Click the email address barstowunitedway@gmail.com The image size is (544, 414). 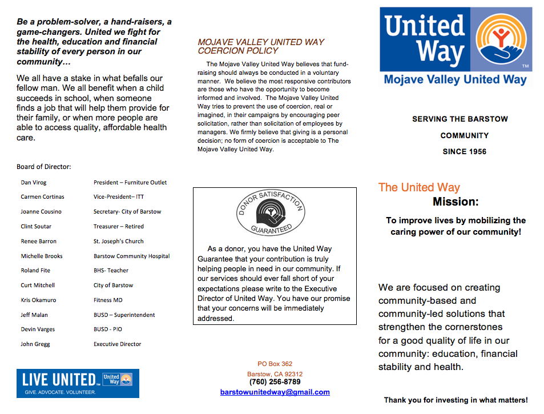(275, 392)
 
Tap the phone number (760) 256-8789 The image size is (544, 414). (275, 382)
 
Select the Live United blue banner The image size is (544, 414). (78, 383)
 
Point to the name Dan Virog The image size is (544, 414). (34, 183)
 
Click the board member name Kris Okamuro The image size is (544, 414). (38, 300)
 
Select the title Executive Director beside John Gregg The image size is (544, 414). (117, 344)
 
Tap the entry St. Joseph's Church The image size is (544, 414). (119, 242)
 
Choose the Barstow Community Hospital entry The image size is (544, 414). (131, 256)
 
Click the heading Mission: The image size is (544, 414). (456, 202)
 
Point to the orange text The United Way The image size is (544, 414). (419, 187)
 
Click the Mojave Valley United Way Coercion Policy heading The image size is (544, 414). (261, 46)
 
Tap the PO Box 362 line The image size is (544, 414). (275, 364)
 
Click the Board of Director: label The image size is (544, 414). (44, 167)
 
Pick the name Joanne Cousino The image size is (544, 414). (41, 212)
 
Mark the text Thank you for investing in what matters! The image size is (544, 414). (456, 400)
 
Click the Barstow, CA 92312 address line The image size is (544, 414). (275, 374)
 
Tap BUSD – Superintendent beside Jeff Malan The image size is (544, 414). (124, 315)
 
